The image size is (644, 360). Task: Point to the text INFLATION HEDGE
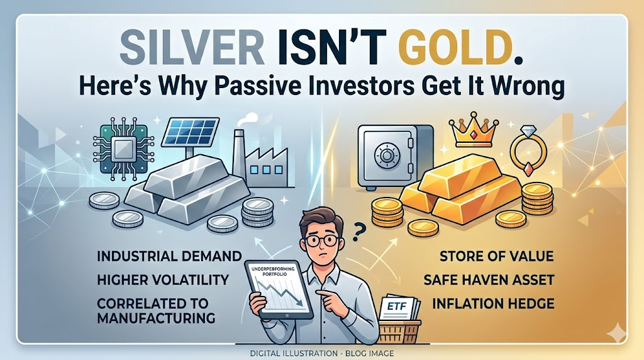pyautogui.click(x=494, y=304)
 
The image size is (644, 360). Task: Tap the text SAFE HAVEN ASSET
pyautogui.click(x=489, y=279)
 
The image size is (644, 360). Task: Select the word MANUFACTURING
pyautogui.click(x=157, y=318)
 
